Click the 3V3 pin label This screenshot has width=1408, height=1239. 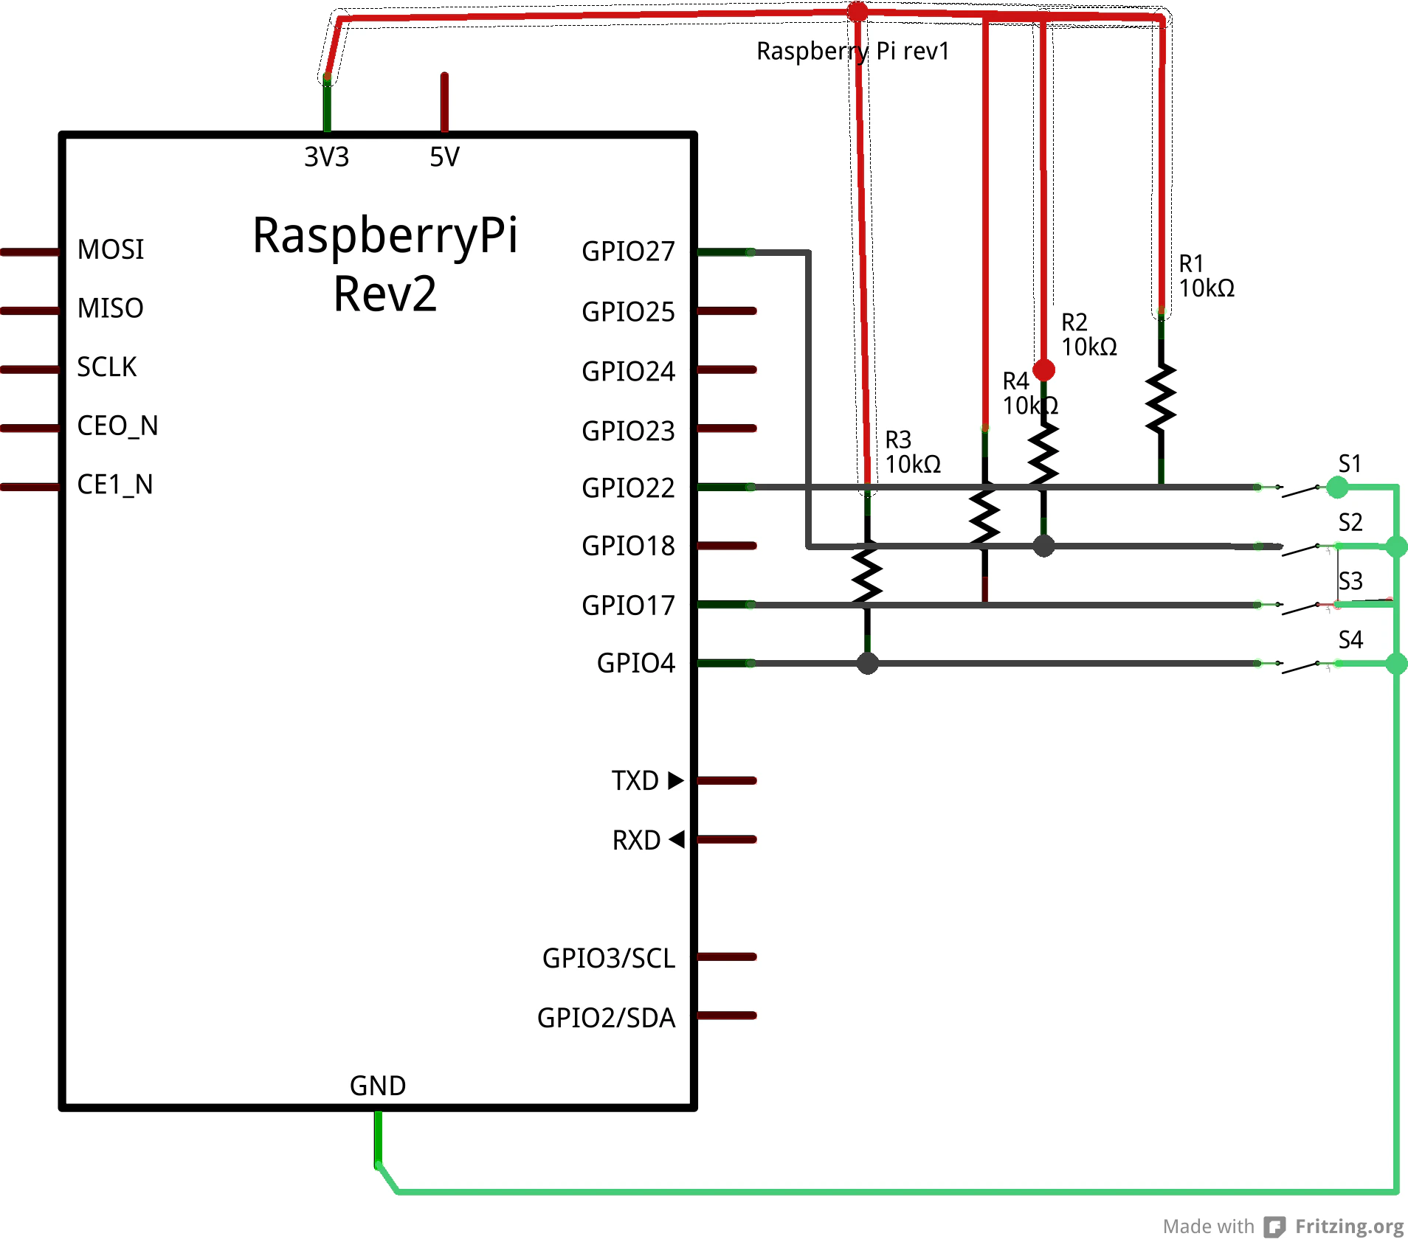326,157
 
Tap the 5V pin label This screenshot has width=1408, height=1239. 444,157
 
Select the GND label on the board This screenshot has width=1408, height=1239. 378,1086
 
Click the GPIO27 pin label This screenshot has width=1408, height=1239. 628,251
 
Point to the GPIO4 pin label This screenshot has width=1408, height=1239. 635,663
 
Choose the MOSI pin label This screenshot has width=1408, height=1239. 111,249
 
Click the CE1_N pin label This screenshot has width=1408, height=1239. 115,485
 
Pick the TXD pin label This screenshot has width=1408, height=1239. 635,780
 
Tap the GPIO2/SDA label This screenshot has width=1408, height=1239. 606,1018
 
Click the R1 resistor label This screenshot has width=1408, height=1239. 1191,263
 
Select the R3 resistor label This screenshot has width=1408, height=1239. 898,440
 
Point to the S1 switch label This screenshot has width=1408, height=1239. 1350,464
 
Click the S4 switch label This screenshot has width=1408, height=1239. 1350,639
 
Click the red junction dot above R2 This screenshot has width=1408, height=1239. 1043,369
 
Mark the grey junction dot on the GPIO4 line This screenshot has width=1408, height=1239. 868,663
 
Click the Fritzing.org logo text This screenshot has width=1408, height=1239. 1349,1226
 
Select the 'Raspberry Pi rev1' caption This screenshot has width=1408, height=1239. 852,51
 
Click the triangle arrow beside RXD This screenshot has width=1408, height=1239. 677,839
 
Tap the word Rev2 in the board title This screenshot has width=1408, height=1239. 385,294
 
